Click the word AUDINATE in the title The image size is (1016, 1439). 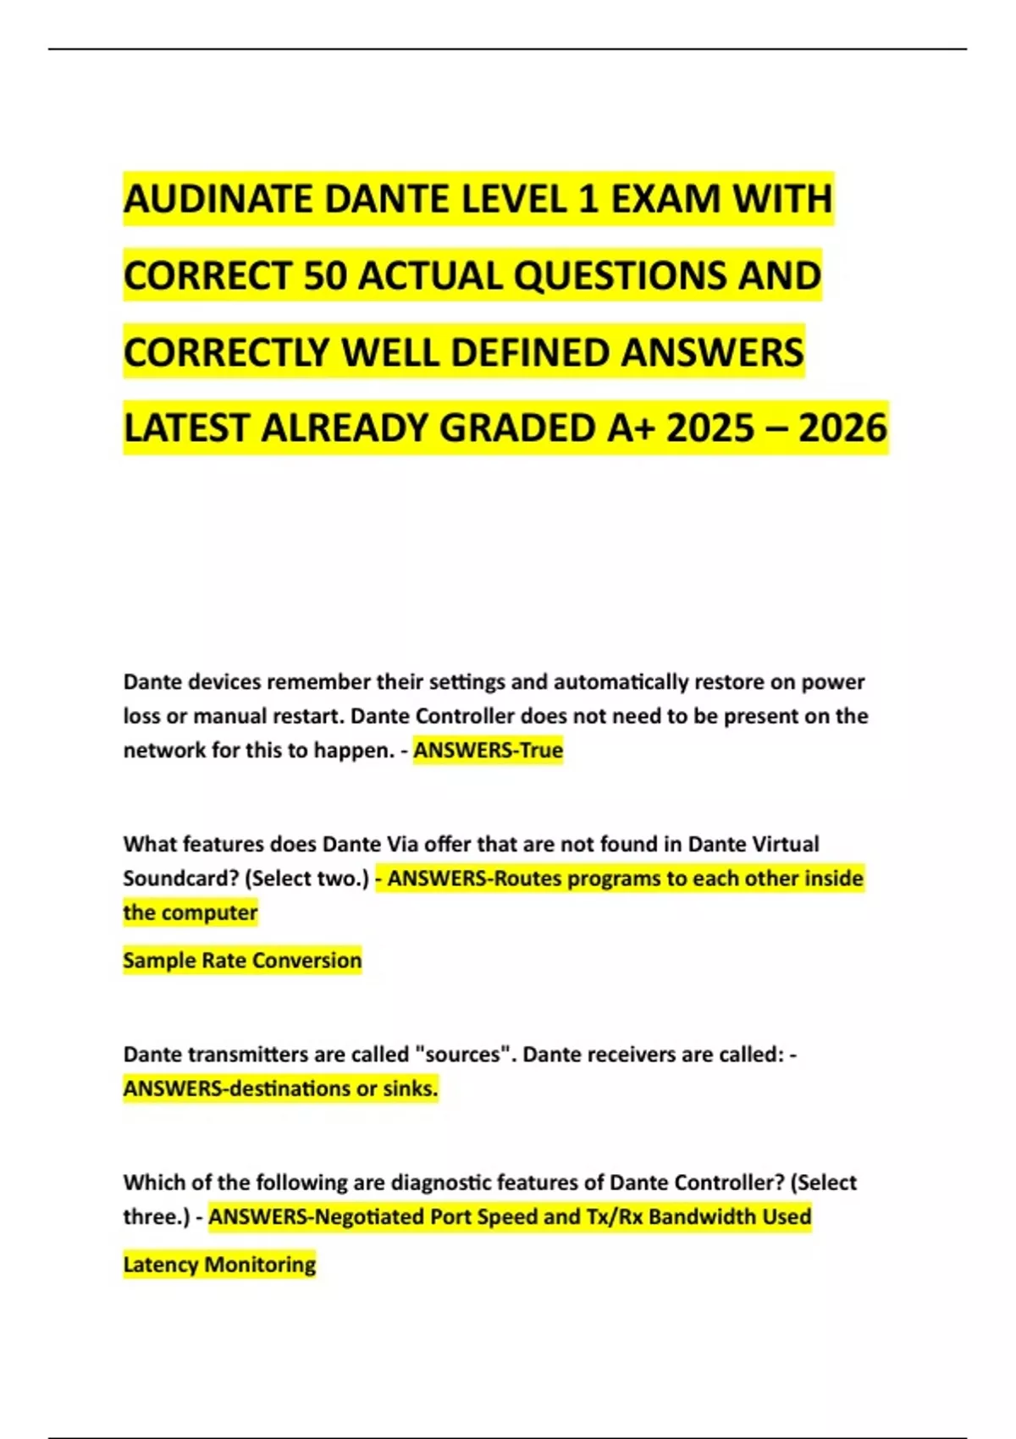click(x=218, y=200)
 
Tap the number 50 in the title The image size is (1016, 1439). click(x=325, y=276)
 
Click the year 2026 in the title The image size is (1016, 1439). click(x=842, y=428)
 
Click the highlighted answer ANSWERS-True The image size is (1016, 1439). click(x=488, y=750)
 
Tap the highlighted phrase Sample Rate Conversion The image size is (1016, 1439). click(x=242, y=960)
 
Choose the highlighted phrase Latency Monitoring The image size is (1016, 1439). click(x=219, y=1264)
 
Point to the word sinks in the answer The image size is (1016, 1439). click(x=411, y=1088)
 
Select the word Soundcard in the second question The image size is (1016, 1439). click(x=179, y=878)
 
